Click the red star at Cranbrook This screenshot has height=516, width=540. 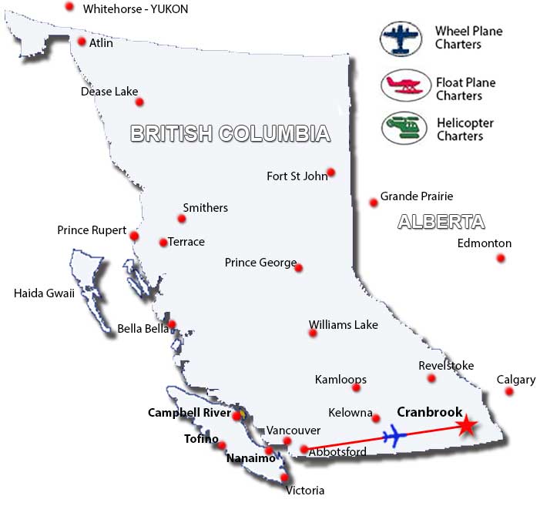(465, 426)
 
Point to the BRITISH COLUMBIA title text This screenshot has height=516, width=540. (230, 134)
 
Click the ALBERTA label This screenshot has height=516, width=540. (441, 222)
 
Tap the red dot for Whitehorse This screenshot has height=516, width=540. (69, 6)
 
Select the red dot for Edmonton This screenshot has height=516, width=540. (501, 258)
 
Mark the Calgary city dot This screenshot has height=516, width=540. (508, 392)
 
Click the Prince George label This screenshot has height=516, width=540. (260, 263)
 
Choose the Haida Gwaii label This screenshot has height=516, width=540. (44, 293)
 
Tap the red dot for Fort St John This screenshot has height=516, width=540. (330, 173)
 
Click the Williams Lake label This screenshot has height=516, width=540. (343, 325)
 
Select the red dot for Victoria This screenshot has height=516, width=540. (285, 477)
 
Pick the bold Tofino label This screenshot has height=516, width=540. (200, 439)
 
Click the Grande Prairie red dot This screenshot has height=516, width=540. (374, 203)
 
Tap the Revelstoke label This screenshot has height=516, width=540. (446, 365)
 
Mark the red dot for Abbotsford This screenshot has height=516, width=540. (304, 450)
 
